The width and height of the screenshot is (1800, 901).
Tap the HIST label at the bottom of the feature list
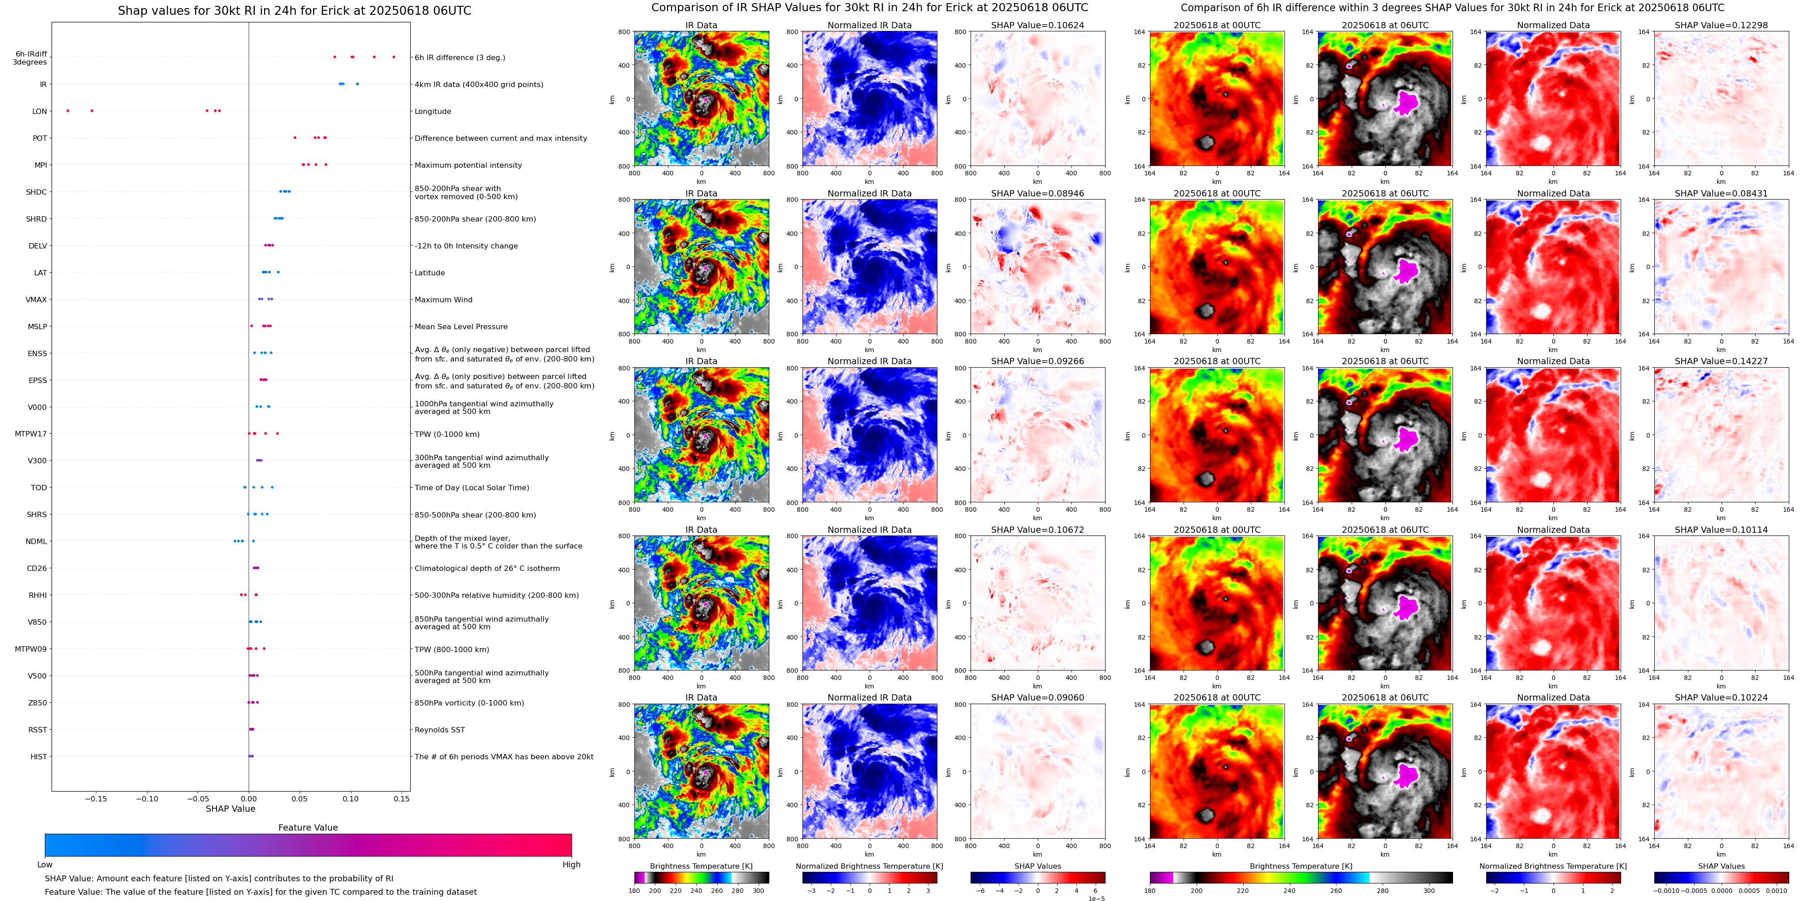point(39,756)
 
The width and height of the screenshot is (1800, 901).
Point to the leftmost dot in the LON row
point(68,110)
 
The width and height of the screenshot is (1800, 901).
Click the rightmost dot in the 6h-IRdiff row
point(394,57)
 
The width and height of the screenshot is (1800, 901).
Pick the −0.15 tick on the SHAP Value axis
point(96,798)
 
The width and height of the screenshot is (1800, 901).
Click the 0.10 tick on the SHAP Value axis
point(351,798)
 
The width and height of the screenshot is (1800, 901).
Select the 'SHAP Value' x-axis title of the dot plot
point(230,809)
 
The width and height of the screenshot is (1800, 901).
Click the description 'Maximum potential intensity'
point(468,165)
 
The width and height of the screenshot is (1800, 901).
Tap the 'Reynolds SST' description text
point(439,730)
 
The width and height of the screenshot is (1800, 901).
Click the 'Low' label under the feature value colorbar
point(45,865)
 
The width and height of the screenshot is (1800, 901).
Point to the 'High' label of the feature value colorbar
point(572,865)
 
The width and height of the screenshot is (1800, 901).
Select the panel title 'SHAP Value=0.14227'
point(1721,361)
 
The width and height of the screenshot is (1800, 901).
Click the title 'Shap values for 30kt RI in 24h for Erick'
point(294,10)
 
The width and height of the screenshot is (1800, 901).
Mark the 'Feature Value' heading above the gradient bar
point(308,827)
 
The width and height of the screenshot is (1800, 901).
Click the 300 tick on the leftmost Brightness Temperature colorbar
point(758,891)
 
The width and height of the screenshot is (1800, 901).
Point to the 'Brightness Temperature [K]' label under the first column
point(701,866)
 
